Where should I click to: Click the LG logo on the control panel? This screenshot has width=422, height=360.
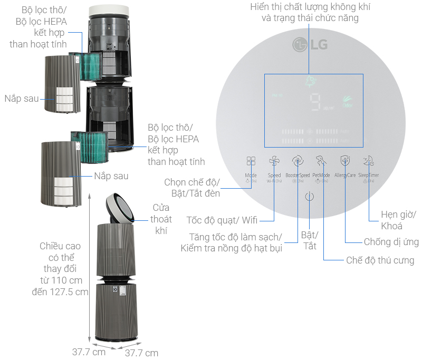pyautogui.click(x=311, y=44)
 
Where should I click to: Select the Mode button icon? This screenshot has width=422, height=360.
pyautogui.click(x=251, y=161)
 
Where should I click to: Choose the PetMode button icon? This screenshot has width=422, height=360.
pyautogui.click(x=321, y=161)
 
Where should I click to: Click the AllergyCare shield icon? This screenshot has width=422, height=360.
pyautogui.click(x=345, y=161)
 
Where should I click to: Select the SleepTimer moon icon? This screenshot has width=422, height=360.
pyautogui.click(x=369, y=161)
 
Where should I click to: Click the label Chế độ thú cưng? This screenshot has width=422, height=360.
pyautogui.click(x=380, y=260)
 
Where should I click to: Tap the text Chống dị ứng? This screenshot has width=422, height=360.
pyautogui.click(x=391, y=242)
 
